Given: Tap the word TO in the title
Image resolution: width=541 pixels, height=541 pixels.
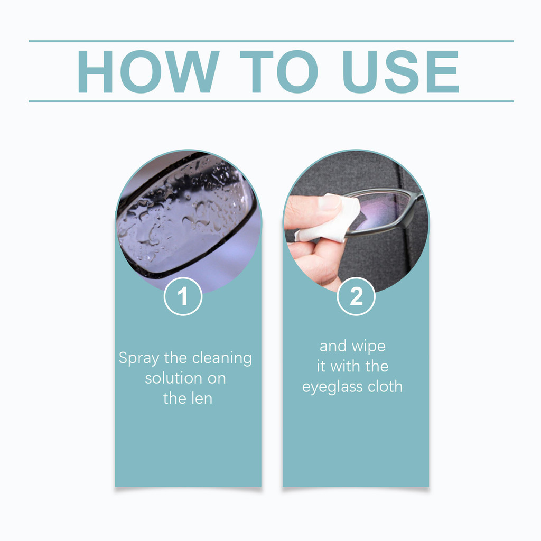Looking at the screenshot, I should pyautogui.click(x=278, y=72).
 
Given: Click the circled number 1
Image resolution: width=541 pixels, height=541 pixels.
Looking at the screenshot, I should pyautogui.click(x=183, y=296).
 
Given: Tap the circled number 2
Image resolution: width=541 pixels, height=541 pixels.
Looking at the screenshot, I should pyautogui.click(x=356, y=296).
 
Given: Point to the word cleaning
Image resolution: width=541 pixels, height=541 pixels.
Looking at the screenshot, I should pyautogui.click(x=222, y=358).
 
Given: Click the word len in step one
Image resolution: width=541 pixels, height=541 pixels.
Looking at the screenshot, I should pyautogui.click(x=201, y=398).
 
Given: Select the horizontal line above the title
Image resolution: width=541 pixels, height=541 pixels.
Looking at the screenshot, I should pyautogui.click(x=270, y=41).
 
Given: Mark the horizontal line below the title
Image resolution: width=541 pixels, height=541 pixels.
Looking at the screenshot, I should pyautogui.click(x=270, y=101).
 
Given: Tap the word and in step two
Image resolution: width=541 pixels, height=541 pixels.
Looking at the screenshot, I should pyautogui.click(x=333, y=347).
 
